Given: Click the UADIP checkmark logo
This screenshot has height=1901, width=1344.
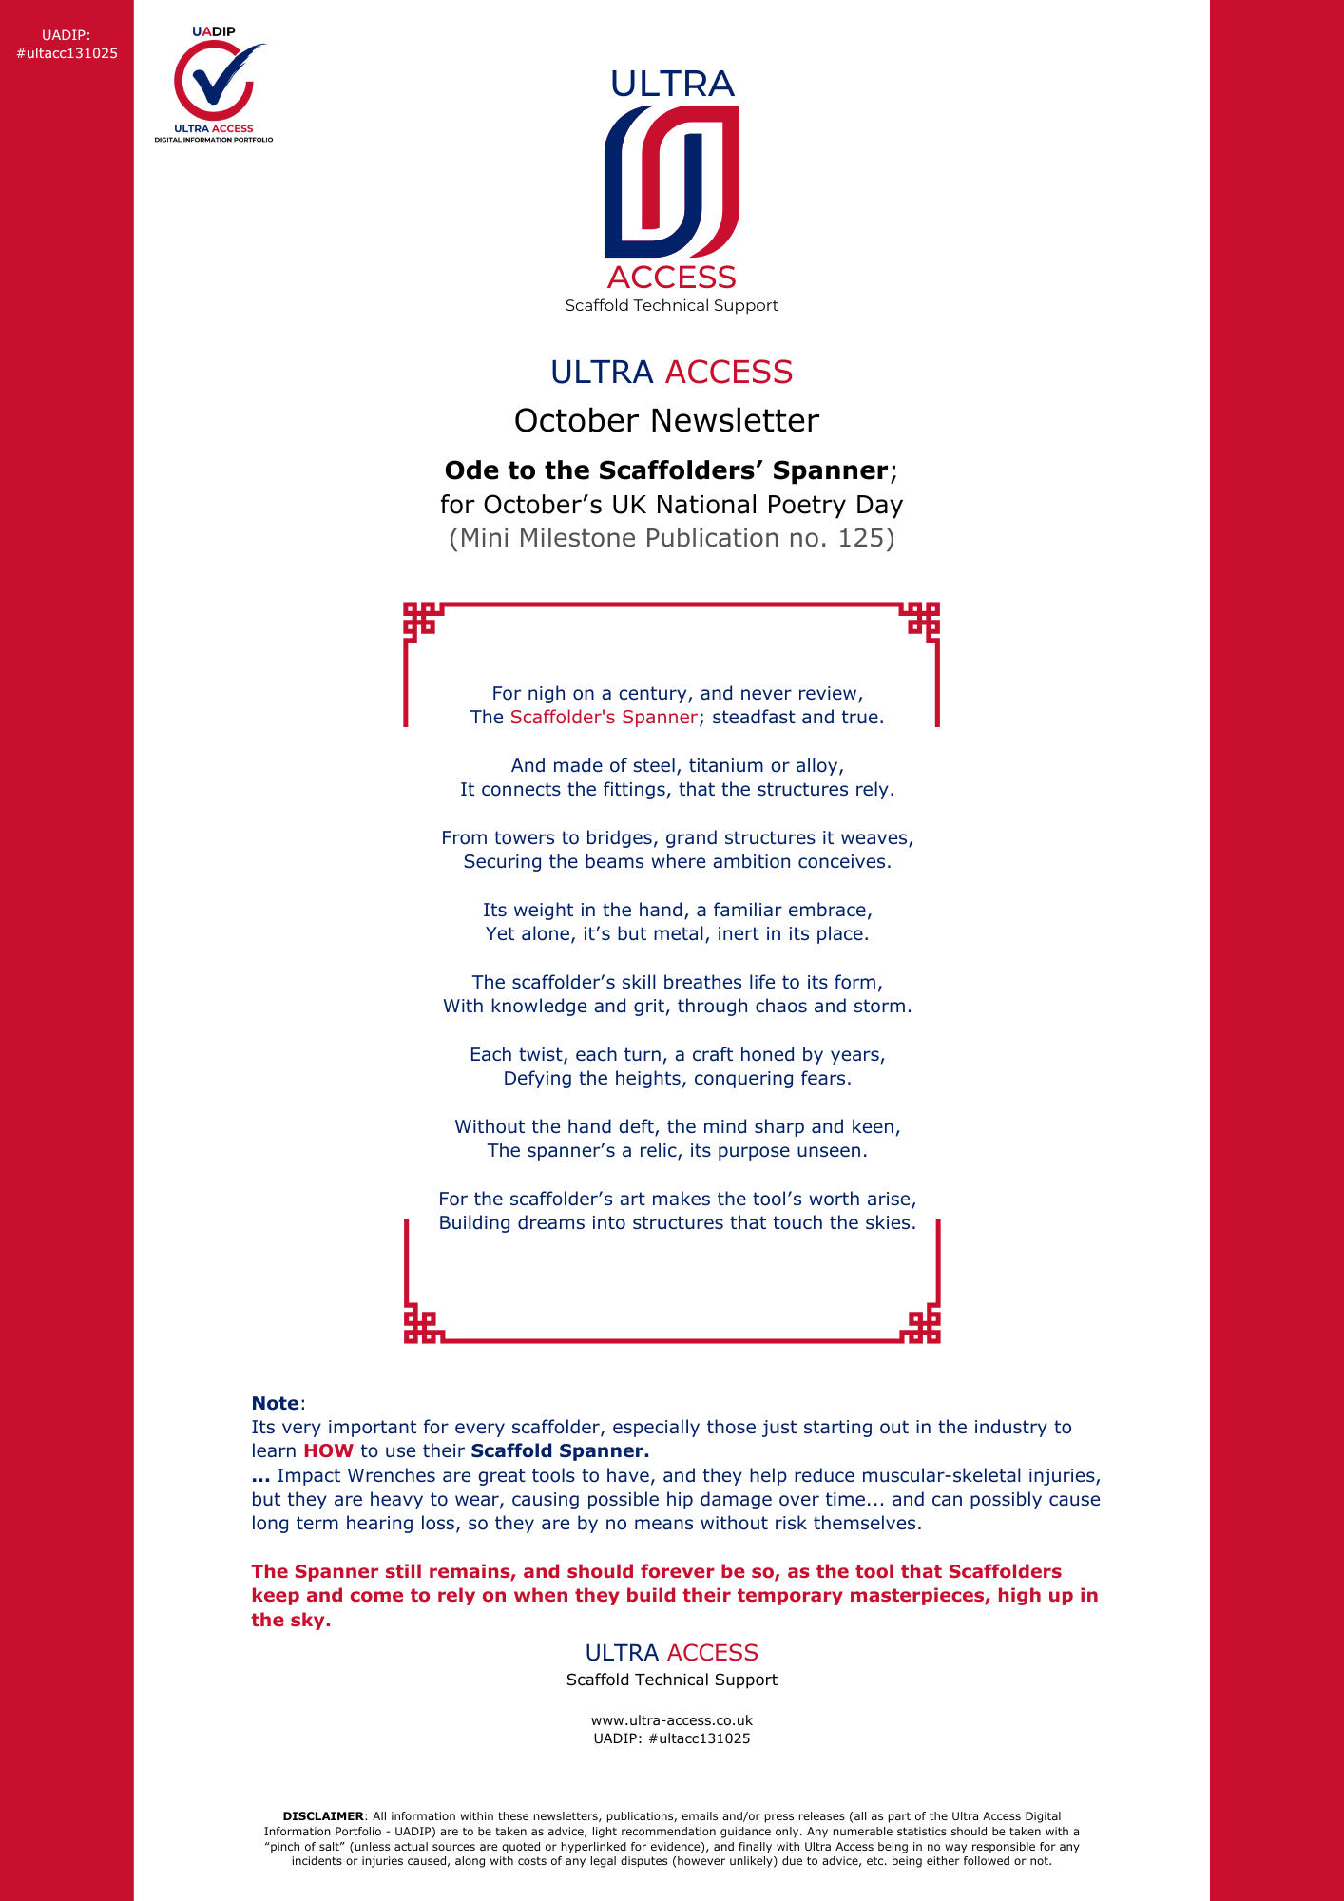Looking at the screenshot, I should [214, 83].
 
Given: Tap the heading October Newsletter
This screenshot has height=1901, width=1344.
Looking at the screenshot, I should [666, 420].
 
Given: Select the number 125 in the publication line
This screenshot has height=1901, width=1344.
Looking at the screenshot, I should [860, 538].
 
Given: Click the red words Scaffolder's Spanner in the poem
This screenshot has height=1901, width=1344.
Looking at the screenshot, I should [604, 717].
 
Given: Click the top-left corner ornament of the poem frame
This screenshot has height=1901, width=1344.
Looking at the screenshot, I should [420, 620].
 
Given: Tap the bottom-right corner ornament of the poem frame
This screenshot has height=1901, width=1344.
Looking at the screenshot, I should [923, 1326].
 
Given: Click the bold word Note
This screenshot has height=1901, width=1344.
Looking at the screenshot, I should [275, 1403].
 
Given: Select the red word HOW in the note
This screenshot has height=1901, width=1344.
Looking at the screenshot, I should [328, 1450].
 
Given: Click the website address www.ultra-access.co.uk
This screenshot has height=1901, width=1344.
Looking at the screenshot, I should [672, 1720].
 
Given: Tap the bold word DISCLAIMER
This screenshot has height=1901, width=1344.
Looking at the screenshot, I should [323, 1815].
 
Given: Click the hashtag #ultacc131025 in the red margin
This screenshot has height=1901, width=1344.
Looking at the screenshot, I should [67, 53].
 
